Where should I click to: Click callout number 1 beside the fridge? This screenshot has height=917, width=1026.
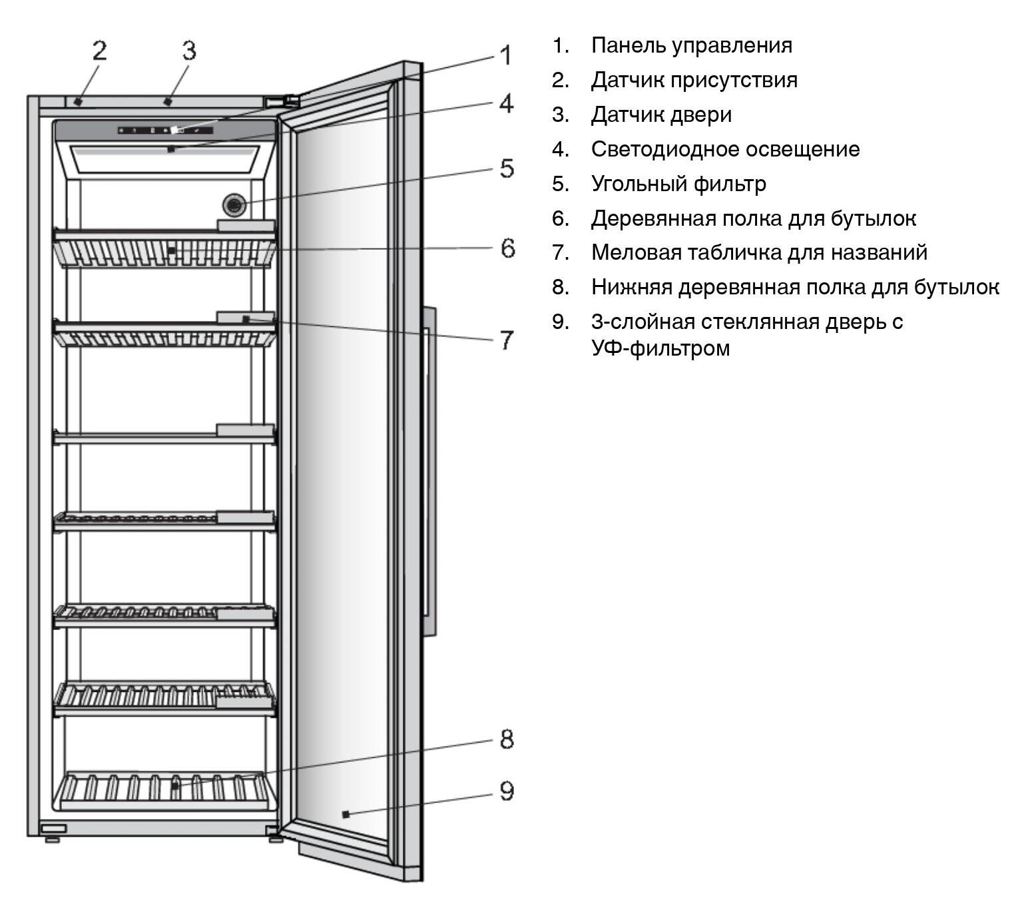[x=506, y=55]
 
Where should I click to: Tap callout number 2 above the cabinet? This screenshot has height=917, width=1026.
[x=99, y=51]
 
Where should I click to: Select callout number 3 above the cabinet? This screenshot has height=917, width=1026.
[x=189, y=51]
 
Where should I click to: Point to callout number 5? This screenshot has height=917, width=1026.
[x=507, y=168]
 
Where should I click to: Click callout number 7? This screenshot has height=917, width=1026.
[x=507, y=340]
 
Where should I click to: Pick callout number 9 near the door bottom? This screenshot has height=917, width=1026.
[x=507, y=790]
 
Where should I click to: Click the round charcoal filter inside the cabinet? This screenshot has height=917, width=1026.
[x=234, y=204]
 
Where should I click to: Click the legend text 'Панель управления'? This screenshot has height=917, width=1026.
[x=691, y=45]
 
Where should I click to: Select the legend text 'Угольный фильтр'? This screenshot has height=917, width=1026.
[x=678, y=184]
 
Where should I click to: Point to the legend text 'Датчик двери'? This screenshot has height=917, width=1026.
[x=661, y=115]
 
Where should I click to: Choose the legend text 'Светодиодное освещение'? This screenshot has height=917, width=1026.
[x=725, y=149]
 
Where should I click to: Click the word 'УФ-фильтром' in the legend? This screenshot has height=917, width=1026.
[x=660, y=348]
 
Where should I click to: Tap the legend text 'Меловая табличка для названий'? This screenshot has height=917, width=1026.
[x=759, y=252]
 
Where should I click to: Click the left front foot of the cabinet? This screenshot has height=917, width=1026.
[x=53, y=838]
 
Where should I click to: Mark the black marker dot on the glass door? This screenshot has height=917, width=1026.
[x=346, y=814]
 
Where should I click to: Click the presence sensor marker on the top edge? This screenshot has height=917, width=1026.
[x=78, y=102]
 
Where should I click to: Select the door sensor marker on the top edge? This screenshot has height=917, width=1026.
[x=168, y=102]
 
